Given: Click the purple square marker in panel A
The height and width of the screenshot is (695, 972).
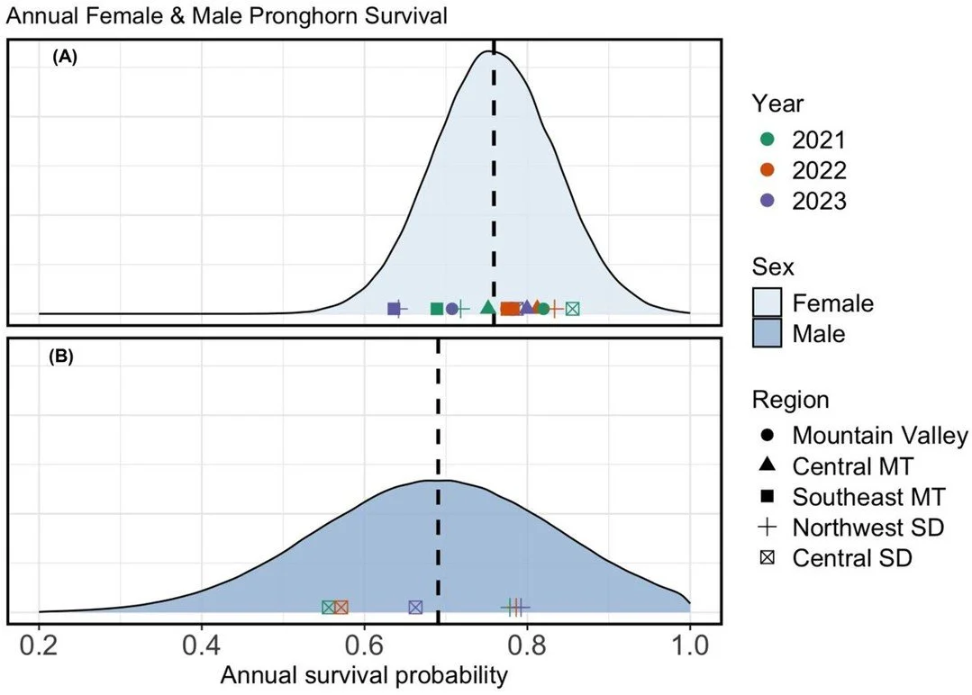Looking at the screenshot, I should [394, 309].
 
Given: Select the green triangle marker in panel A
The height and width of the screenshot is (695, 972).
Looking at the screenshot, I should [487, 307].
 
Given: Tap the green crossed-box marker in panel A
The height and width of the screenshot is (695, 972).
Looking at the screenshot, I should [572, 309].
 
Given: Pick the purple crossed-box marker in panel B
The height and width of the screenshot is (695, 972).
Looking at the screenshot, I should [415, 608].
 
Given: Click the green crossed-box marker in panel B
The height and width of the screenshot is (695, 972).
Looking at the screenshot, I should [330, 608].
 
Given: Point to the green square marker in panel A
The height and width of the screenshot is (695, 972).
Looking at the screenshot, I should [437, 309].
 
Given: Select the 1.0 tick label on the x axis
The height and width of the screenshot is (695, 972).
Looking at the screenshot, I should [689, 646].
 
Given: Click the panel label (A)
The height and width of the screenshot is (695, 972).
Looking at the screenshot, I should [65, 57].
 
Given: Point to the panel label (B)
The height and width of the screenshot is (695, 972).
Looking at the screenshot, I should [65, 356].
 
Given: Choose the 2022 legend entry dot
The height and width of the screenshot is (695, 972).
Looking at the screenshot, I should [768, 170].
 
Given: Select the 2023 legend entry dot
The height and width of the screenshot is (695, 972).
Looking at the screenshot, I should [768, 201].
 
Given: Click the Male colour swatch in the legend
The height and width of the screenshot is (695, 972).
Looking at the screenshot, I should [768, 334].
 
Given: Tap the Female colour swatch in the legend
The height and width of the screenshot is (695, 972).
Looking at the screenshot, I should [768, 303].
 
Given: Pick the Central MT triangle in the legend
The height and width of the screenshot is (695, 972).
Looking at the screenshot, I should [768, 465].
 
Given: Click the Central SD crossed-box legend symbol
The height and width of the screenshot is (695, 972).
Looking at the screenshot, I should [768, 557].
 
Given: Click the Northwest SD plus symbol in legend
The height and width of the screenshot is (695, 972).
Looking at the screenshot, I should [768, 527].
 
